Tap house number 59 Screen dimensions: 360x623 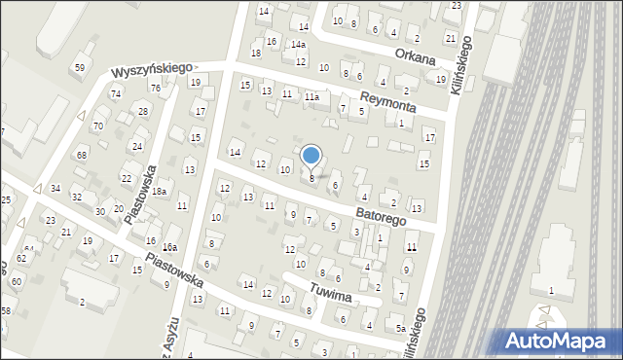tap(80, 67)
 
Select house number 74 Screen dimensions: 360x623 tap(116, 93)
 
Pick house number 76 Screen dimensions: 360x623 tap(155, 88)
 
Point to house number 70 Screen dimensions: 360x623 tap(97, 126)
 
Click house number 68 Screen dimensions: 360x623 tap(83, 155)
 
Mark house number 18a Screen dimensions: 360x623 tap(159, 192)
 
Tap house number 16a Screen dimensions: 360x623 tap(169, 248)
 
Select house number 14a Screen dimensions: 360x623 tap(299, 45)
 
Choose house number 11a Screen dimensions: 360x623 tap(311, 97)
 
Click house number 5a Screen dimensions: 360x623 tap(400, 329)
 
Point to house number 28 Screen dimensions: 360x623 tap(143, 112)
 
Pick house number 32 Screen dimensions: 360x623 tap(77, 197)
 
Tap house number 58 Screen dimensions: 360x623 tap(5, 310)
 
